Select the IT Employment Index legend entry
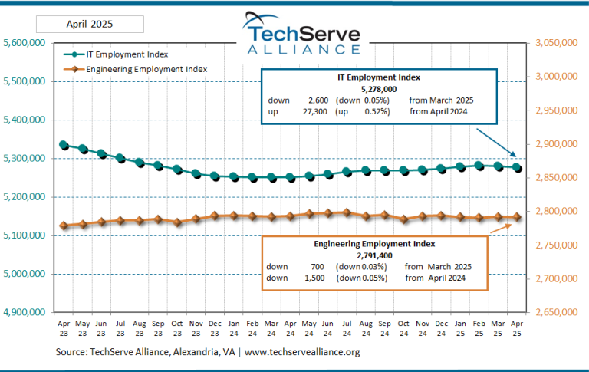click(x=127, y=54)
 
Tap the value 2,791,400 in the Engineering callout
click(x=375, y=255)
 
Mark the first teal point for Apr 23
click(x=64, y=145)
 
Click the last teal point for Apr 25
click(x=517, y=168)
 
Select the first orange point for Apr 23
click(x=64, y=226)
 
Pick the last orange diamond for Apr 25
click(x=517, y=217)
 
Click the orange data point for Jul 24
click(x=347, y=212)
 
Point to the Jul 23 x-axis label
click(x=120, y=328)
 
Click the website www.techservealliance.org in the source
click(x=302, y=352)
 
